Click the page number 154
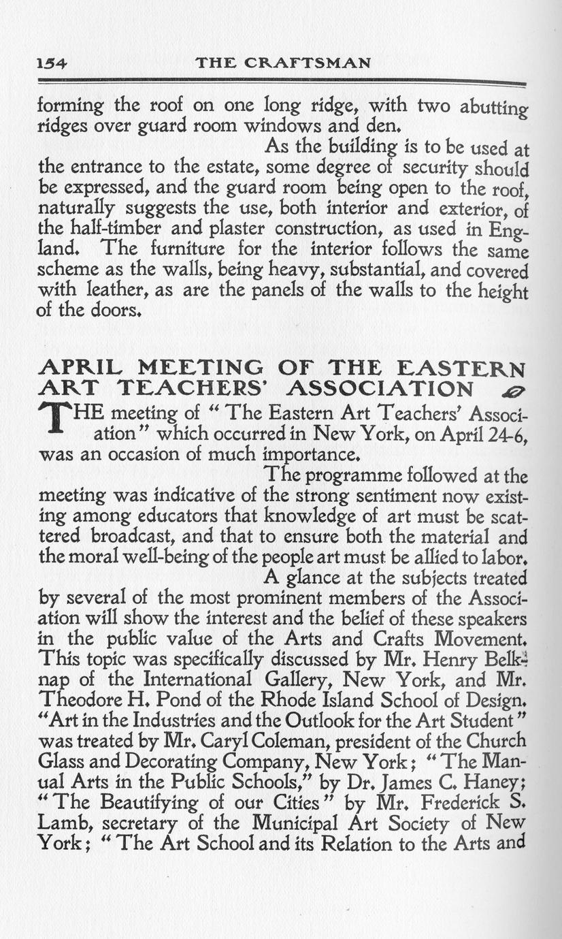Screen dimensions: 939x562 [x=52, y=63]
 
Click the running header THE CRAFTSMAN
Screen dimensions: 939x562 [x=282, y=63]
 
